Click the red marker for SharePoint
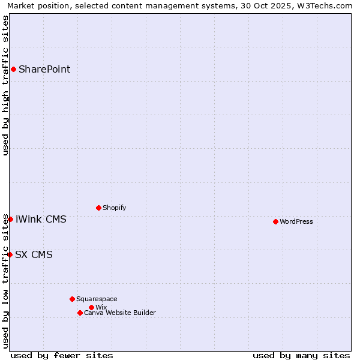click(x=13, y=69)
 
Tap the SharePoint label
click(x=44, y=69)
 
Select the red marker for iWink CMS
click(x=10, y=219)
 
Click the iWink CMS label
click(x=41, y=219)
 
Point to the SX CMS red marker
click(x=10, y=254)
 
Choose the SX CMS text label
click(x=34, y=254)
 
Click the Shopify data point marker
click(x=98, y=208)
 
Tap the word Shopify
click(x=114, y=208)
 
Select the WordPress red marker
click(x=275, y=221)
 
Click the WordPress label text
click(x=296, y=221)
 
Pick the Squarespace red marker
click(x=72, y=299)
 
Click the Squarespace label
click(x=97, y=299)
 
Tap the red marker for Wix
click(x=91, y=307)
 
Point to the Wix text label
click(x=101, y=307)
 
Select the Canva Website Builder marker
click(x=80, y=313)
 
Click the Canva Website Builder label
click(x=120, y=313)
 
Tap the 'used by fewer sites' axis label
click(x=62, y=355)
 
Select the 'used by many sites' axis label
click(x=301, y=355)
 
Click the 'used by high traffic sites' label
click(x=5, y=85)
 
